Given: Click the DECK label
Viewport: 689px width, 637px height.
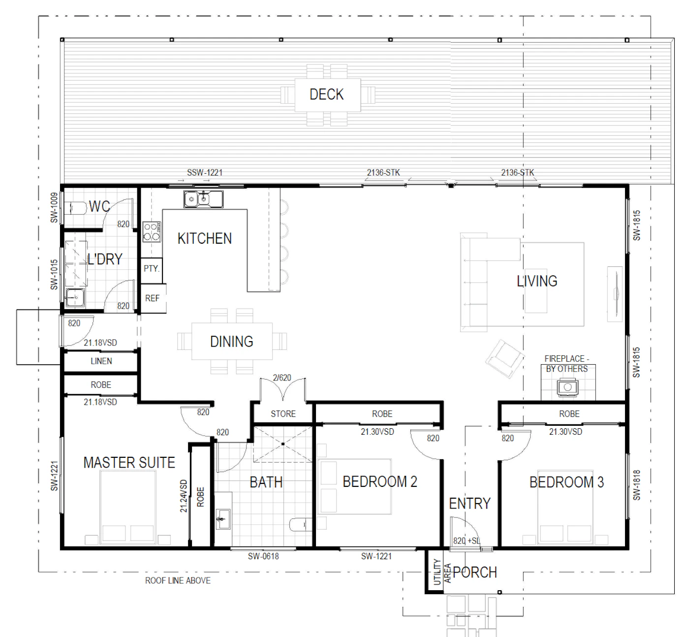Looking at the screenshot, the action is point(326,95).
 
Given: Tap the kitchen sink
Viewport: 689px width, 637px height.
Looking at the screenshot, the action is point(203,199).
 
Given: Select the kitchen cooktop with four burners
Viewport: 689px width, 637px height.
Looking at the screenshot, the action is point(152,232).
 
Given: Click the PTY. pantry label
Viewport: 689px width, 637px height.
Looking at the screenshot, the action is point(152,268).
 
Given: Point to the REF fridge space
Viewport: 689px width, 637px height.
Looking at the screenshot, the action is point(152,298).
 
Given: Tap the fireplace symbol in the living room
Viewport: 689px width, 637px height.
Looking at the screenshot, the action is point(567,387).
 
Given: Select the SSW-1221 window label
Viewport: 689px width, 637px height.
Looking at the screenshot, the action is point(205,172).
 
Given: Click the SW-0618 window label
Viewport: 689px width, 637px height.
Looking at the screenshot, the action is point(263,556).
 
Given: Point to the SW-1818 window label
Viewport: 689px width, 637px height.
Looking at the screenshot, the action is point(636,485).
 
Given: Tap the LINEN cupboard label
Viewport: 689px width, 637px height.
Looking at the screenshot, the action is point(101,361).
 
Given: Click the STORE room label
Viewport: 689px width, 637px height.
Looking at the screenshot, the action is point(283,414).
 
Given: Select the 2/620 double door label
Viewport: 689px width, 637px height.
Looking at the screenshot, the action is point(282,378).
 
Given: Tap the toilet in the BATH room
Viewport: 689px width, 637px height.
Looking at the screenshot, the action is point(300,525).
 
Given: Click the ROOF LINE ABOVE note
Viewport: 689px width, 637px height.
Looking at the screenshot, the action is point(178,581).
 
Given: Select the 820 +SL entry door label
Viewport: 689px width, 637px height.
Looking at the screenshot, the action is point(467,541).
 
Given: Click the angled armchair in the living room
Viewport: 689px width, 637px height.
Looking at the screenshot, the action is point(505,358).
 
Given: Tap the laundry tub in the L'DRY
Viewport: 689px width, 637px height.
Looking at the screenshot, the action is point(75,297).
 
